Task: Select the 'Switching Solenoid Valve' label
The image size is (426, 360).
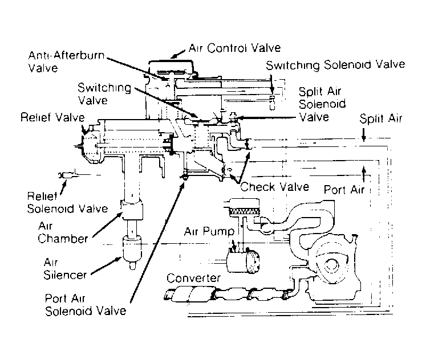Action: [x=336, y=65]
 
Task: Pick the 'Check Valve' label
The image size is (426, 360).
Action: [x=275, y=186]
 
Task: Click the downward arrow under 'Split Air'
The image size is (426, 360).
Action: [x=363, y=136]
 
